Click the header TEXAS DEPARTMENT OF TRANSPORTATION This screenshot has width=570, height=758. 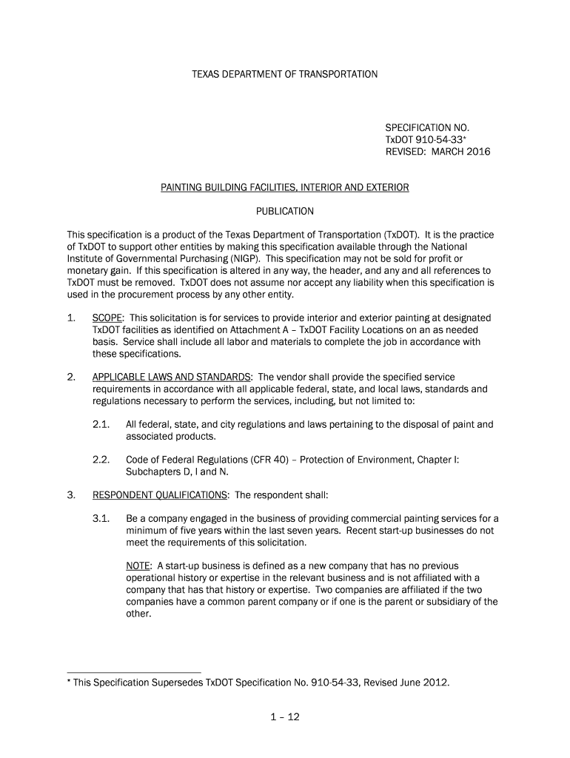(x=285, y=74)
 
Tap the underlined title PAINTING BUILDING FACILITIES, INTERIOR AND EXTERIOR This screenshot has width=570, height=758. (x=285, y=188)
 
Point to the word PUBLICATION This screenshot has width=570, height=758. (x=285, y=212)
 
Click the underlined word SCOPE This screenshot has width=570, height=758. (x=108, y=318)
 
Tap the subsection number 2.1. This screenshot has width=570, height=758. (x=101, y=425)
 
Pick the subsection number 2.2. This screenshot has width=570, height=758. (x=101, y=460)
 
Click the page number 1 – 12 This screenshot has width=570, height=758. (x=285, y=717)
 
